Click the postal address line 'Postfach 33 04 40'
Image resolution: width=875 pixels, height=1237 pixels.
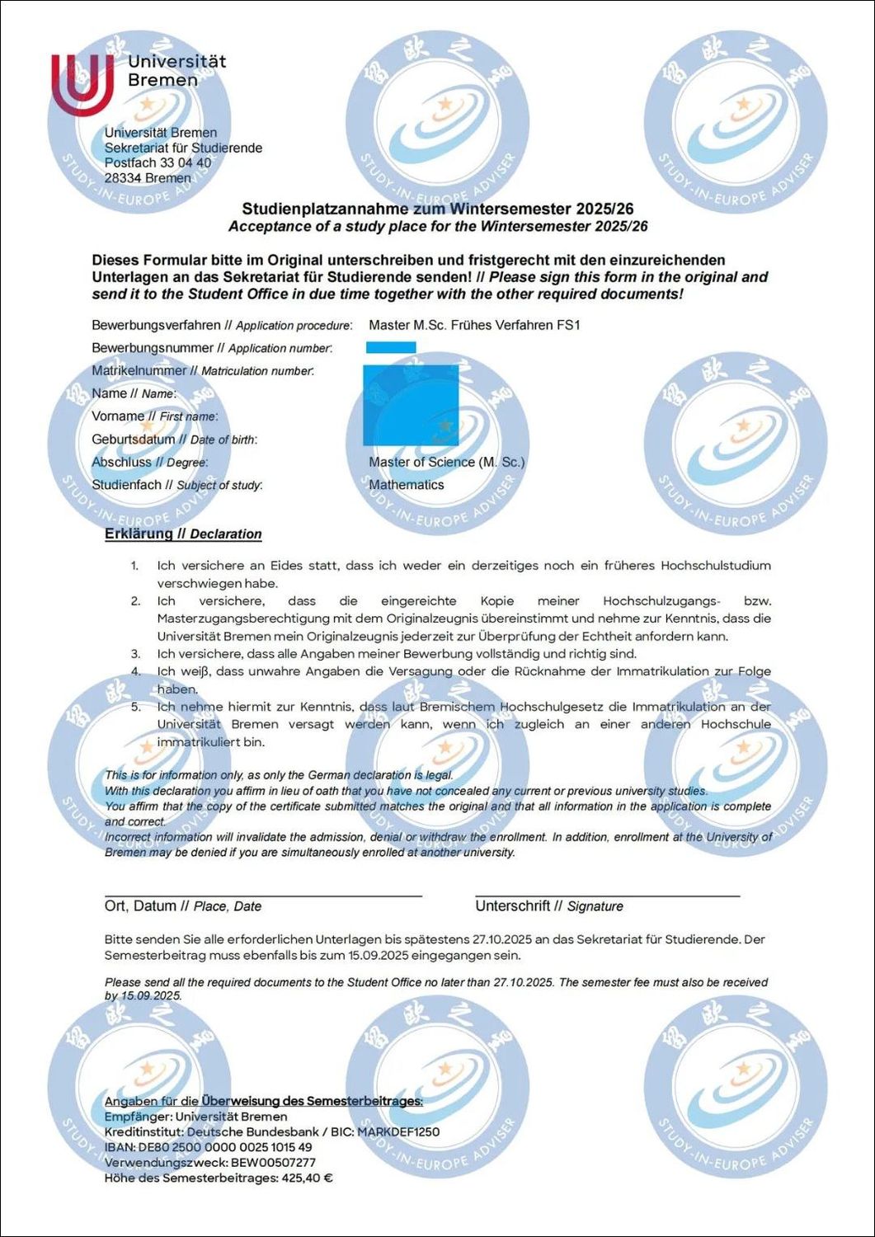pyautogui.click(x=158, y=163)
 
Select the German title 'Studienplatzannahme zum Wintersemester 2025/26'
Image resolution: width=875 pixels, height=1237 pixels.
pyautogui.click(x=437, y=209)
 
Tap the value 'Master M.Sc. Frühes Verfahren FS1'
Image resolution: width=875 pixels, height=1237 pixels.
pyautogui.click(x=474, y=325)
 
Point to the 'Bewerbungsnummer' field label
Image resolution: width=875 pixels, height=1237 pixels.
pyautogui.click(x=153, y=348)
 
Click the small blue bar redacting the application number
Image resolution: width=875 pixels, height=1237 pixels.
pyautogui.click(x=391, y=347)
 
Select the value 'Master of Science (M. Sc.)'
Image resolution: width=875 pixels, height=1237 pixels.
pyautogui.click(x=446, y=462)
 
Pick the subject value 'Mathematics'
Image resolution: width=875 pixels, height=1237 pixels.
pyautogui.click(x=406, y=485)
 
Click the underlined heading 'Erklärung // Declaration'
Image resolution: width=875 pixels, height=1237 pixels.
pyautogui.click(x=183, y=534)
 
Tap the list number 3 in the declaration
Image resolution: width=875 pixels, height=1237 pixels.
pyautogui.click(x=136, y=654)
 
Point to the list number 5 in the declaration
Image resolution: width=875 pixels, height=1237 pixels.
pyautogui.click(x=136, y=707)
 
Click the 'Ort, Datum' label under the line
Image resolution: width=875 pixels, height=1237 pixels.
pyautogui.click(x=140, y=906)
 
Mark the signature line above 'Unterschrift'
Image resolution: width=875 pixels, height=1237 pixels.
pyautogui.click(x=607, y=895)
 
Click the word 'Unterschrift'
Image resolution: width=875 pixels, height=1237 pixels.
pyautogui.click(x=512, y=906)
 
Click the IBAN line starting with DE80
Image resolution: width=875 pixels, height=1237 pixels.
pyautogui.click(x=208, y=1147)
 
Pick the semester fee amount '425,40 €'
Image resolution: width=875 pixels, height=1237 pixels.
pyautogui.click(x=307, y=1178)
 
